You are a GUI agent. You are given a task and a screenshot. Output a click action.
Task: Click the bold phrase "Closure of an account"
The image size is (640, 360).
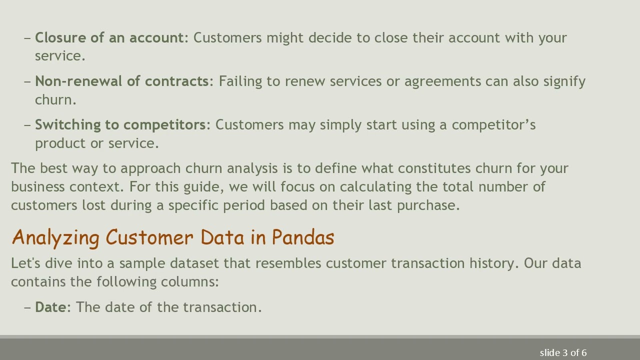tap(109, 38)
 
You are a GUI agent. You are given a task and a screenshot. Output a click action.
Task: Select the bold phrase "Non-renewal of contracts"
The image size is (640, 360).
tap(121, 81)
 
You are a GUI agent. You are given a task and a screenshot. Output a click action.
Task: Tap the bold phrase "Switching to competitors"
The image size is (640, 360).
tap(120, 125)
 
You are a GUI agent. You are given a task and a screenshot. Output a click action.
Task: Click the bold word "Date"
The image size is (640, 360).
tap(50, 307)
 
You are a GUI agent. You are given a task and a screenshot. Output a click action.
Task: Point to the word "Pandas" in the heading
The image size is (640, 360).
tap(303, 237)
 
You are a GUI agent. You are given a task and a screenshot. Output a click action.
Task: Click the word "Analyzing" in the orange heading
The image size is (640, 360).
tap(55, 237)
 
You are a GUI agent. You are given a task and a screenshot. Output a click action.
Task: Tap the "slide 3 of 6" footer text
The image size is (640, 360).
tap(563, 353)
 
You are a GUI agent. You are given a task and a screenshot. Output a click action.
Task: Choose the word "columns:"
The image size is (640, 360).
tap(189, 282)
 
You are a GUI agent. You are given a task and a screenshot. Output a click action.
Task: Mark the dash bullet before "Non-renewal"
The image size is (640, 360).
tap(27, 81)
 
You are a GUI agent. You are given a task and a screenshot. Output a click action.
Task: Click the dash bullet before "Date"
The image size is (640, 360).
tap(27, 307)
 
